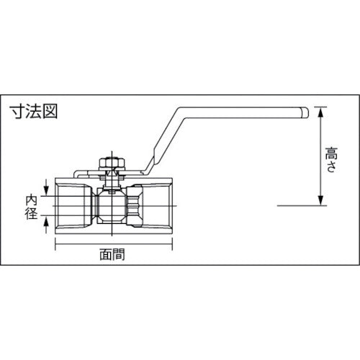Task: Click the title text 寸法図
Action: coord(32,112)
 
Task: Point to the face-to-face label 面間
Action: coord(114,253)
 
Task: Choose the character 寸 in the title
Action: coord(17,112)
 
